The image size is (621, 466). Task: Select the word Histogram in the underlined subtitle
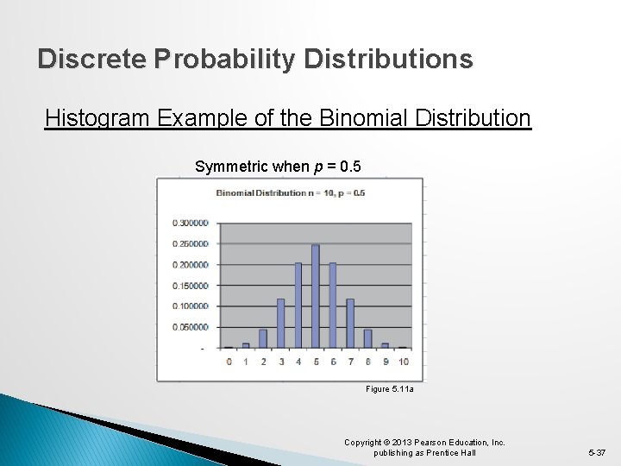click(x=98, y=117)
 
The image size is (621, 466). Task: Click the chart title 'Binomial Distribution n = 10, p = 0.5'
click(x=290, y=192)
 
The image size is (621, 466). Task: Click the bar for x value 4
click(x=298, y=305)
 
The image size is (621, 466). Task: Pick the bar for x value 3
click(x=280, y=323)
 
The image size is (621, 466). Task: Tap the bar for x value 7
click(x=350, y=323)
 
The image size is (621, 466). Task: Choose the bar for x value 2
click(x=263, y=338)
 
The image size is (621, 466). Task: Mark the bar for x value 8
click(x=367, y=338)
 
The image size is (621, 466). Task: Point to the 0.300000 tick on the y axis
click(x=191, y=223)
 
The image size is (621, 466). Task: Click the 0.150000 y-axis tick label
click(x=191, y=286)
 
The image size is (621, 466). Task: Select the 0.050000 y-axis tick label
click(x=191, y=327)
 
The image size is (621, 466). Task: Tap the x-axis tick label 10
click(x=403, y=362)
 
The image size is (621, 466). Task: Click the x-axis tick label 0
click(x=229, y=362)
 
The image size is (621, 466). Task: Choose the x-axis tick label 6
click(x=333, y=362)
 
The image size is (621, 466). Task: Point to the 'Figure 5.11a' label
click(x=390, y=390)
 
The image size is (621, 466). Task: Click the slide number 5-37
click(x=596, y=452)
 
